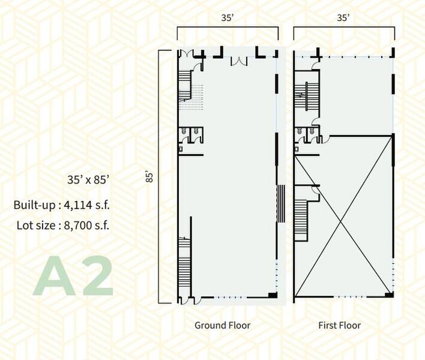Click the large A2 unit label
pos(73,276)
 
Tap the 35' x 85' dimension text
pos(88,179)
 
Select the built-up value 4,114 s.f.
pos(86,205)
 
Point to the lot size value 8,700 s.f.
pos(86,226)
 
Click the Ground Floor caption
pos(223,325)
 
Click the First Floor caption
pos(340,325)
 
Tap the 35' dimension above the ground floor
pos(228,17)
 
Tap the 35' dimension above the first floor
pos(343,17)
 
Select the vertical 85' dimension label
pos(149,176)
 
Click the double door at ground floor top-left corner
pos(187,53)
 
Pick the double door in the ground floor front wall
pos(239,61)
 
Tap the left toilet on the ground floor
pos(184,131)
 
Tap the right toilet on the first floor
pos(312,131)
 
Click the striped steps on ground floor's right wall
pos(282,204)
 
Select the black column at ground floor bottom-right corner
pos(273,295)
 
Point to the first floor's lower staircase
pos(301,220)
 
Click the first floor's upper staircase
pos(306,96)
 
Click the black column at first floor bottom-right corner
pos(389,295)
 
